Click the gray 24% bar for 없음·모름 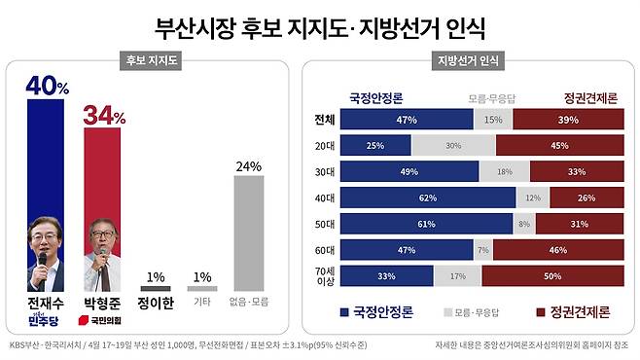(x=248, y=233)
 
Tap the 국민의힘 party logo (x=104, y=318)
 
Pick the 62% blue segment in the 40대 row (x=428, y=198)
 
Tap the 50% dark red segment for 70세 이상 (x=552, y=275)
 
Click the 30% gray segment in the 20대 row (x=452, y=146)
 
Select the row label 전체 (x=324, y=121)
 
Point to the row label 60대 (x=324, y=249)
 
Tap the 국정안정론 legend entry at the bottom (x=380, y=313)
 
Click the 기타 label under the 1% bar (x=201, y=302)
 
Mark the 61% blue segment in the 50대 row (x=426, y=224)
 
